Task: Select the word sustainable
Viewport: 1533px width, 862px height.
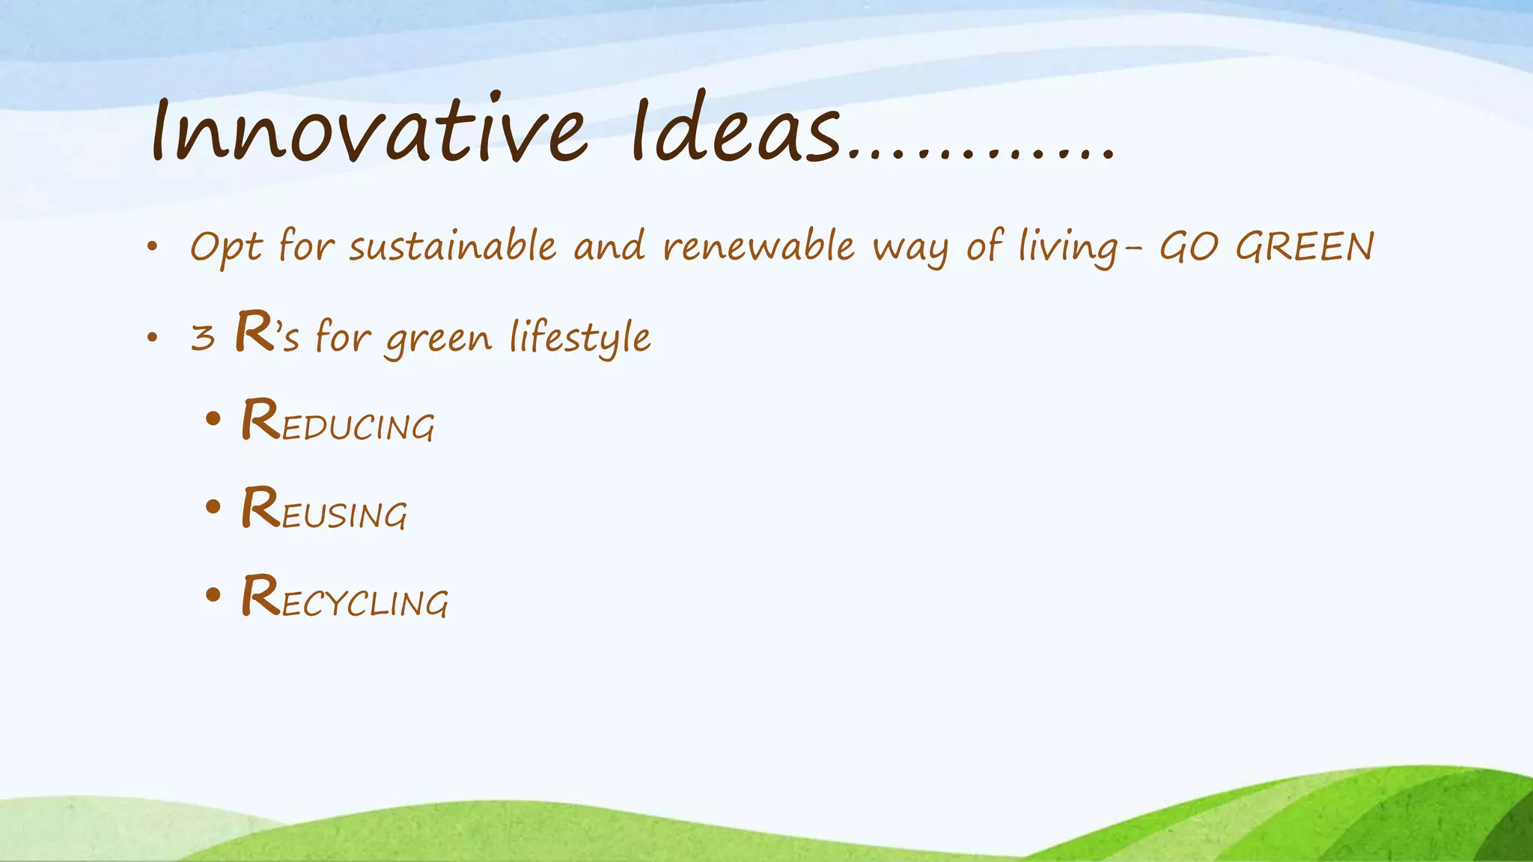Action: [x=453, y=246]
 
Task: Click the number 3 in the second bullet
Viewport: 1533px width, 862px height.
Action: [x=203, y=337]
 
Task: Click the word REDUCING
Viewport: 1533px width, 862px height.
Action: [x=338, y=422]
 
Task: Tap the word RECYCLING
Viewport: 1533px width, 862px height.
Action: [x=344, y=598]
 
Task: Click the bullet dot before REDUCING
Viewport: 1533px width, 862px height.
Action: [x=213, y=420]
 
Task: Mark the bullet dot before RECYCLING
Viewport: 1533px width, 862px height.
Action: [x=213, y=596]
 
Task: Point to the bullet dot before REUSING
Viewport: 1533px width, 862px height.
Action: [x=213, y=507]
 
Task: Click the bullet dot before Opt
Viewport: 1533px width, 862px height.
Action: [x=153, y=248]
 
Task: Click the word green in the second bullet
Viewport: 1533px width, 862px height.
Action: [x=439, y=339]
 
